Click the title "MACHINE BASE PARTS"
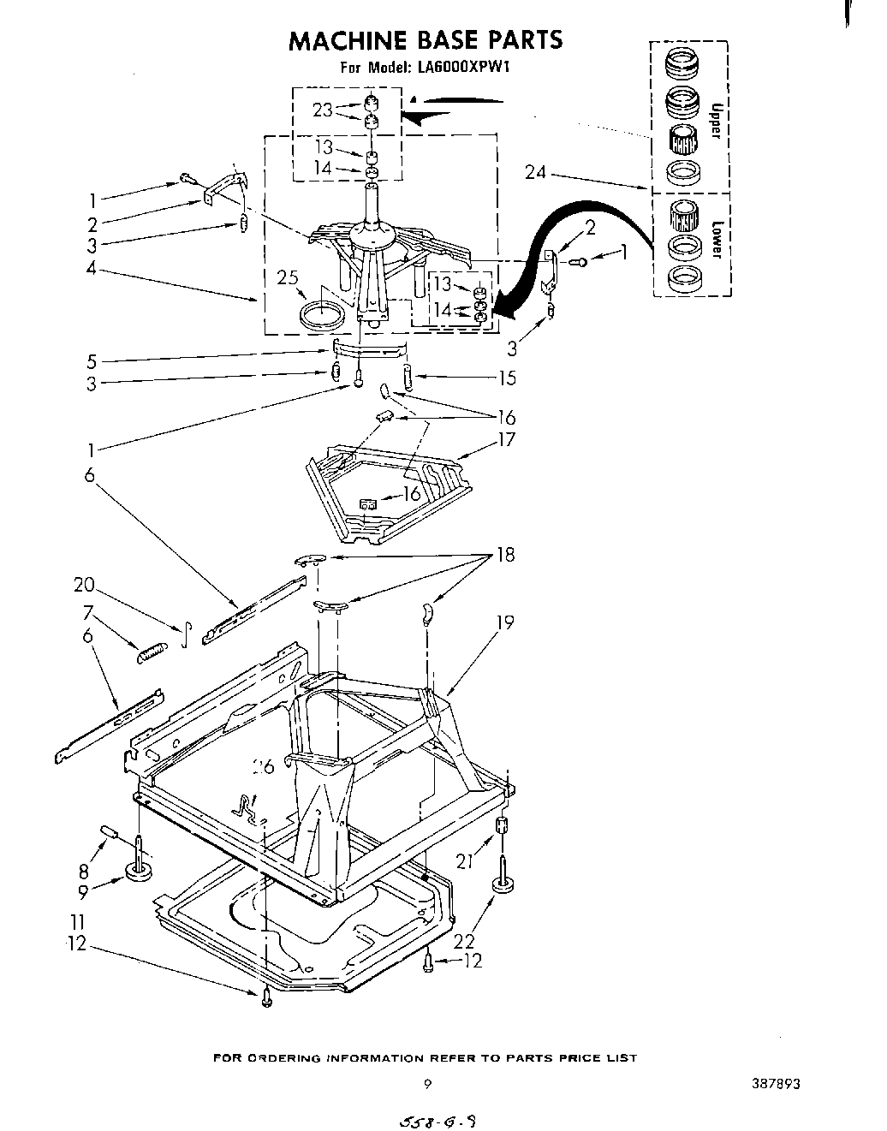tap(425, 40)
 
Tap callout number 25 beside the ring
tap(289, 277)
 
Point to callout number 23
tap(322, 110)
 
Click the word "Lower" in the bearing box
tap(716, 240)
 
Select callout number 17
tap(507, 440)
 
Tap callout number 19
tap(505, 622)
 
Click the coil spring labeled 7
tap(150, 652)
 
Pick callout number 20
tap(83, 585)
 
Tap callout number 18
tap(506, 555)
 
